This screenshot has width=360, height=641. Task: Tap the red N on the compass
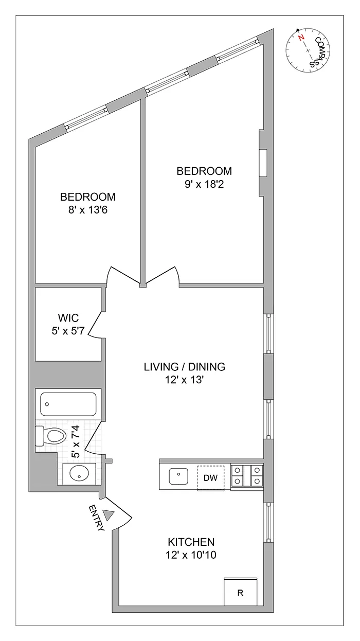[x=301, y=38]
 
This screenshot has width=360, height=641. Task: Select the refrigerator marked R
[x=240, y=593]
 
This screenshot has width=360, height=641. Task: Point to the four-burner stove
[x=247, y=476]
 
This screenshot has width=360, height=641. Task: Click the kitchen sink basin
[x=178, y=477]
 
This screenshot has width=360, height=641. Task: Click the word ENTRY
[x=96, y=519]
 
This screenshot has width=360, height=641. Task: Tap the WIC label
[x=68, y=317]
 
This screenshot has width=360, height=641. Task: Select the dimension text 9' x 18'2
[x=204, y=183]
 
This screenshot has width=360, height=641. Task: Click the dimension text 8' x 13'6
[x=87, y=209]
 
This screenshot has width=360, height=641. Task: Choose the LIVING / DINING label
[x=184, y=367]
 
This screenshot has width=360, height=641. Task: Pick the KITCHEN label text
[x=191, y=542]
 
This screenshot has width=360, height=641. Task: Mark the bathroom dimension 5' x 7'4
[x=76, y=442]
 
